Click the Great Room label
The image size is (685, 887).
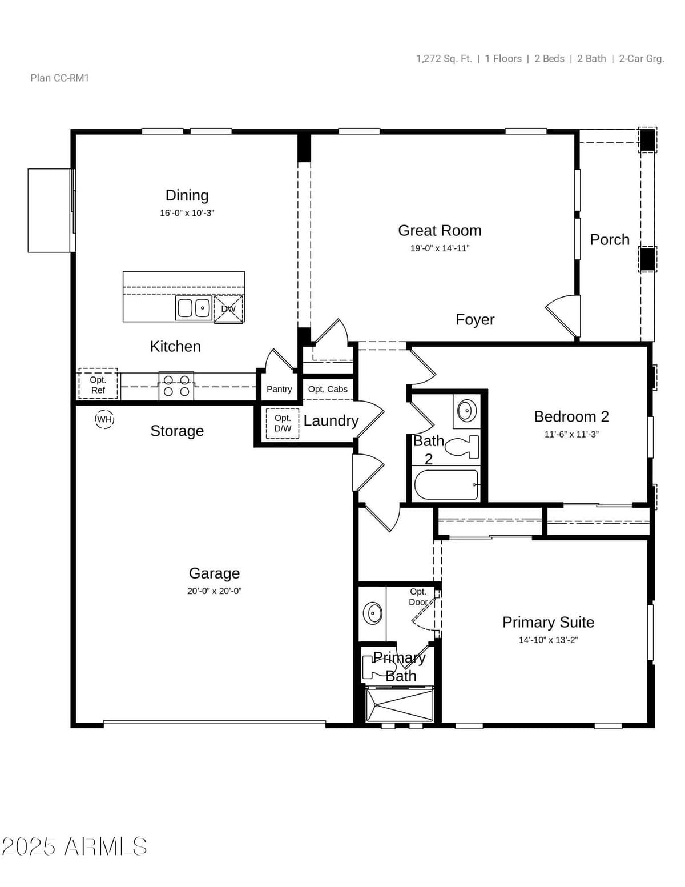tap(440, 230)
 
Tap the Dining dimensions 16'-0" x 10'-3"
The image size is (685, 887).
tap(187, 213)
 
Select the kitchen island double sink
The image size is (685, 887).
tap(194, 308)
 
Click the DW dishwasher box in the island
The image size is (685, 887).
tap(228, 309)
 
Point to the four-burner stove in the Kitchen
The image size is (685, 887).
tap(176, 386)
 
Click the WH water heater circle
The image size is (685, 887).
tap(104, 419)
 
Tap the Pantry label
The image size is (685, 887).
tap(279, 389)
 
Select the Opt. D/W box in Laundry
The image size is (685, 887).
tap(283, 423)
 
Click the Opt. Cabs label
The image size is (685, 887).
tap(328, 389)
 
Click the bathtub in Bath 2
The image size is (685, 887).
tap(446, 484)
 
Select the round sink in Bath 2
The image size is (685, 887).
tap(467, 410)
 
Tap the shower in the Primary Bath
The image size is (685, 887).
tap(400, 705)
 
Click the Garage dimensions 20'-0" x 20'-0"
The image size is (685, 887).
tap(214, 591)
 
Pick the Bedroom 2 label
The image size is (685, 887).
tap(571, 416)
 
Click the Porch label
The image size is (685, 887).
tap(610, 239)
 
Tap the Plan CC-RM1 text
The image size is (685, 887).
tap(60, 78)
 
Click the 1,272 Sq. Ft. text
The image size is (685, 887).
tap(444, 59)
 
